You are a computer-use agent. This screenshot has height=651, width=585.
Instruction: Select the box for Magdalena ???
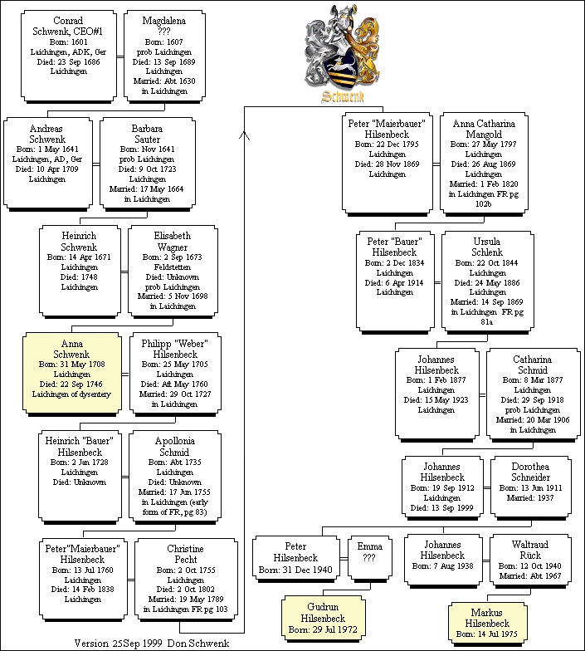tap(163, 56)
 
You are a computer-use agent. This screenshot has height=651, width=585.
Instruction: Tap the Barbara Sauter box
tap(146, 163)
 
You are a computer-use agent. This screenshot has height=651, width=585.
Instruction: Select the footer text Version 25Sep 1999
tap(119, 644)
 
